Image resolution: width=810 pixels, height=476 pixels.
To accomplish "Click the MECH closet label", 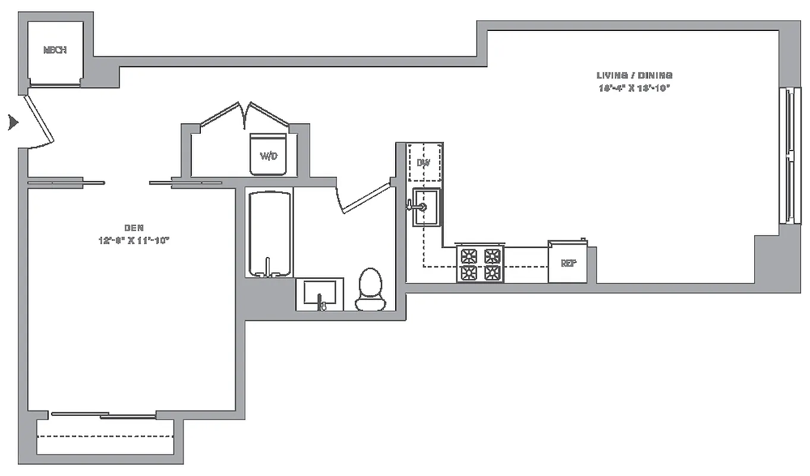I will tap(55, 51).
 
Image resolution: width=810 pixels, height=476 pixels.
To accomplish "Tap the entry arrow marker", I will tap(12, 123).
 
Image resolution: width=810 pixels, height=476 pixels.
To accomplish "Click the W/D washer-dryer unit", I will tap(269, 155).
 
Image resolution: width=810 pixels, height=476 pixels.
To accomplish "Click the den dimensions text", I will tap(134, 240).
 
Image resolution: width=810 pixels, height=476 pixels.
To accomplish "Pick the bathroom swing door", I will tap(364, 197).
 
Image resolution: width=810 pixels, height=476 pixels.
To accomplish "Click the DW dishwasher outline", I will tap(424, 162).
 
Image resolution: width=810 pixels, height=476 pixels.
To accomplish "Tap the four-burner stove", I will tap(480, 264).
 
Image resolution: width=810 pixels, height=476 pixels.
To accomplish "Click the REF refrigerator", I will tap(568, 262).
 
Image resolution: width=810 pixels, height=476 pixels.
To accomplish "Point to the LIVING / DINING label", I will tap(635, 76).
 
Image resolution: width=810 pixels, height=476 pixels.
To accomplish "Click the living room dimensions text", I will tap(635, 88).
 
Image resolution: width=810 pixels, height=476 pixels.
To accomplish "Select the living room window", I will tap(788, 156).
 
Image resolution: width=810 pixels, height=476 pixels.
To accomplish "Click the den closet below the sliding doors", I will tap(105, 437).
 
